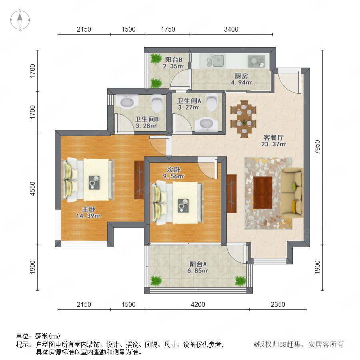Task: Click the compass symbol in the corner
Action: click(x=20, y=20)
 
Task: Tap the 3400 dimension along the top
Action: click(x=231, y=29)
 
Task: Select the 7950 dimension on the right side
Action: click(x=317, y=147)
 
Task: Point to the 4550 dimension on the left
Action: click(x=33, y=189)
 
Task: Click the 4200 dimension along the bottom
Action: click(x=198, y=304)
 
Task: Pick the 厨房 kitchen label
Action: click(x=241, y=76)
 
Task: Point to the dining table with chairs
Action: click(x=244, y=119)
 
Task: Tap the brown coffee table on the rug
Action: click(x=263, y=192)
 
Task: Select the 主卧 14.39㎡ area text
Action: click(x=88, y=212)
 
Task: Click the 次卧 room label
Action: click(x=174, y=170)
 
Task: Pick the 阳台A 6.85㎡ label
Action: click(x=198, y=268)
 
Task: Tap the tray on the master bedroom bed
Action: click(x=94, y=182)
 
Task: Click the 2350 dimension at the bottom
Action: click(x=278, y=304)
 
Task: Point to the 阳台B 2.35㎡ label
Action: click(x=173, y=63)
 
